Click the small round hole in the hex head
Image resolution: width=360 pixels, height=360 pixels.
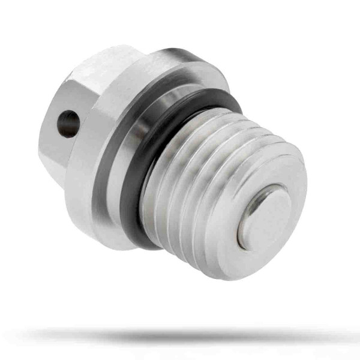click(68, 124)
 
